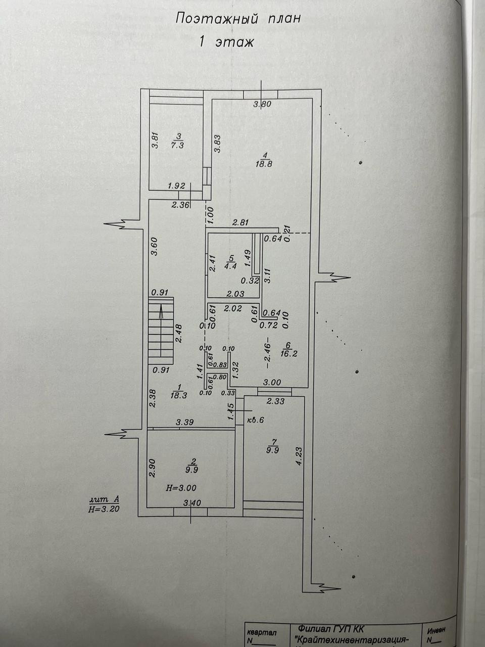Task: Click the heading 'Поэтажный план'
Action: [238, 19]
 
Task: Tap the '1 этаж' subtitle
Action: [227, 42]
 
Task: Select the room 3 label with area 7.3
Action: [177, 141]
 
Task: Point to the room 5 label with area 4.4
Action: [230, 262]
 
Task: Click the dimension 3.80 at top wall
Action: [262, 105]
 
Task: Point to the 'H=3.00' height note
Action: [181, 488]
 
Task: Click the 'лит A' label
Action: [104, 500]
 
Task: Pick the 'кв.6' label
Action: [256, 420]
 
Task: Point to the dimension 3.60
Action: [155, 247]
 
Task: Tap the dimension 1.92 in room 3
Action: [176, 186]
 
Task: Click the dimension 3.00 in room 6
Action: [271, 383]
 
